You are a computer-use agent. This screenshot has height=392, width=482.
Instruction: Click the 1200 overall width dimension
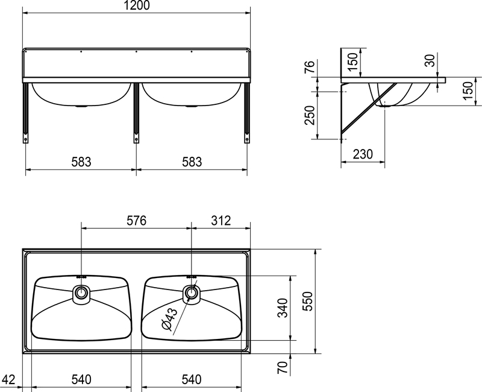click(137, 5)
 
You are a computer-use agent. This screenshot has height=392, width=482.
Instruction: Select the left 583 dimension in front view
click(81, 162)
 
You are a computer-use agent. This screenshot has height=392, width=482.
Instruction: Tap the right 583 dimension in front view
click(192, 162)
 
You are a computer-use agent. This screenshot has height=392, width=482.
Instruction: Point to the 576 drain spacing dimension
click(137, 221)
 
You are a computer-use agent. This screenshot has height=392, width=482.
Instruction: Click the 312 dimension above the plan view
click(221, 221)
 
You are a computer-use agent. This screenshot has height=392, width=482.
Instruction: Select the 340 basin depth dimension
click(283, 308)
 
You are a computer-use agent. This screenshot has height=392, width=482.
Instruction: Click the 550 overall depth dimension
click(307, 301)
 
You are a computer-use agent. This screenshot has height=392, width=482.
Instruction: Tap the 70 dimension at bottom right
click(283, 367)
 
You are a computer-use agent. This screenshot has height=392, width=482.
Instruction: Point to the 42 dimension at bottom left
click(8, 379)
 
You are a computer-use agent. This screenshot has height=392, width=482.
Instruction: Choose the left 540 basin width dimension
click(81, 379)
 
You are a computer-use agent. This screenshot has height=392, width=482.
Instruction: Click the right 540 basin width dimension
click(192, 379)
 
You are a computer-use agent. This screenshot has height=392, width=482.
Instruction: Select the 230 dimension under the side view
click(363, 154)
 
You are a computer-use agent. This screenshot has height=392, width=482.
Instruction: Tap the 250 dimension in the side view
click(310, 115)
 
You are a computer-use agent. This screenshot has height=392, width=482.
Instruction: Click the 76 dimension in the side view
click(310, 67)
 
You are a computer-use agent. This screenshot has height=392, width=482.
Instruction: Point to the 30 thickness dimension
click(430, 60)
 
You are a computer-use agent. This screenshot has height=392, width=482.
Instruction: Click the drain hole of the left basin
click(81, 292)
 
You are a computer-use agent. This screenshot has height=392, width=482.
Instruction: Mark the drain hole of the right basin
click(192, 292)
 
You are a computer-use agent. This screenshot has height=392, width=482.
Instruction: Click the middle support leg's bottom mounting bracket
click(136, 138)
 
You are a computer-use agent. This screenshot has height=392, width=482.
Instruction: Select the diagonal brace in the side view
click(369, 109)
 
